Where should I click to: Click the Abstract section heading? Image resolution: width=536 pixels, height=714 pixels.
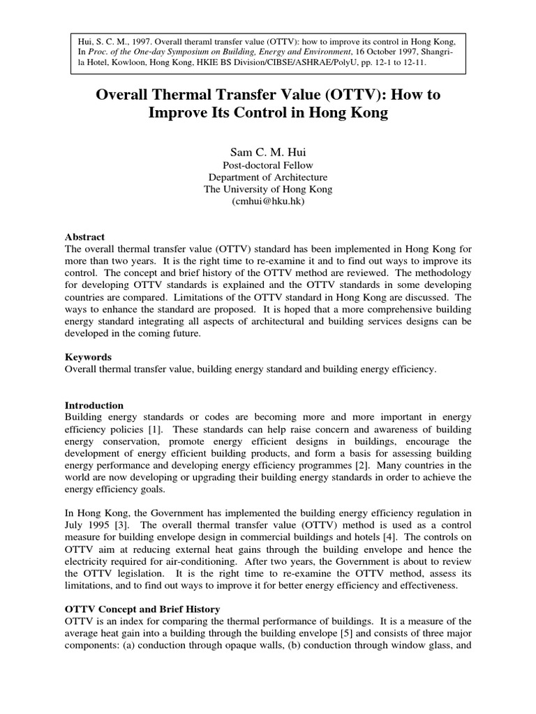(x=84, y=237)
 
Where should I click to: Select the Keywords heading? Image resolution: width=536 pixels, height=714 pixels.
(x=87, y=357)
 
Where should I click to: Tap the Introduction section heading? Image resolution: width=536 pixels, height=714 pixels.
(x=94, y=405)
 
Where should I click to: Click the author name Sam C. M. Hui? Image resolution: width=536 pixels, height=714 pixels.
(x=267, y=151)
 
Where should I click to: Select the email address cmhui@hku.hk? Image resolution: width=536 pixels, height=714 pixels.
(x=267, y=201)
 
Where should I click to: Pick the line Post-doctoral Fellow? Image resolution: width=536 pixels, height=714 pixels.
(x=267, y=165)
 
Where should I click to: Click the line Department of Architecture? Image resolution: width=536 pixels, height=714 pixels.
(x=267, y=176)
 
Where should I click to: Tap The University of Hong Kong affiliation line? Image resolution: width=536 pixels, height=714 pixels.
(x=267, y=189)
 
